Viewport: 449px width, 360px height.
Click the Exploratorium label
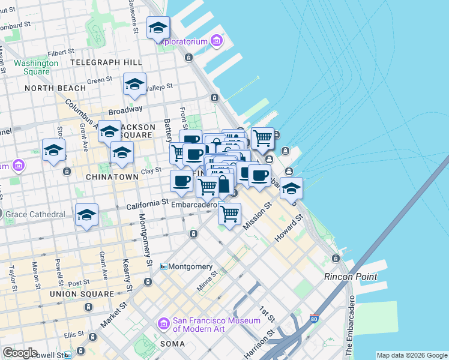pos(182,41)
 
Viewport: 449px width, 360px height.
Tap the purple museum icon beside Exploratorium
pos(216,41)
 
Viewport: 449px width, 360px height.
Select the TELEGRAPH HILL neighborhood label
pos(106,62)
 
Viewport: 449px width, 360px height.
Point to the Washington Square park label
pos(32,67)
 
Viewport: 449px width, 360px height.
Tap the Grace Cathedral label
pos(36,214)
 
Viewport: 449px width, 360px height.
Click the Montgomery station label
pos(190,266)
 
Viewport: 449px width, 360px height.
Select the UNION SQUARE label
pos(82,294)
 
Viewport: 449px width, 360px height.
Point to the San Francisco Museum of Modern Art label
pos(216,325)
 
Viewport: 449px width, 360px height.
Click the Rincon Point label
pos(351,277)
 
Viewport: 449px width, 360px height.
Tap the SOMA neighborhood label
pos(172,344)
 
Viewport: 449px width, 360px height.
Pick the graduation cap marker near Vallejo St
pos(135,85)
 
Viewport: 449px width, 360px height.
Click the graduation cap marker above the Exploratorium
pos(158,28)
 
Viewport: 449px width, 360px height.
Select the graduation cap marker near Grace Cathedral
pos(86,215)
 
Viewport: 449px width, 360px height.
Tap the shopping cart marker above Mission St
pos(229,214)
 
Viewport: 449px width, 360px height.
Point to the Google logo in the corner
pos(20,353)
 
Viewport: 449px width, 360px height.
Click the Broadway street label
pos(125,110)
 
